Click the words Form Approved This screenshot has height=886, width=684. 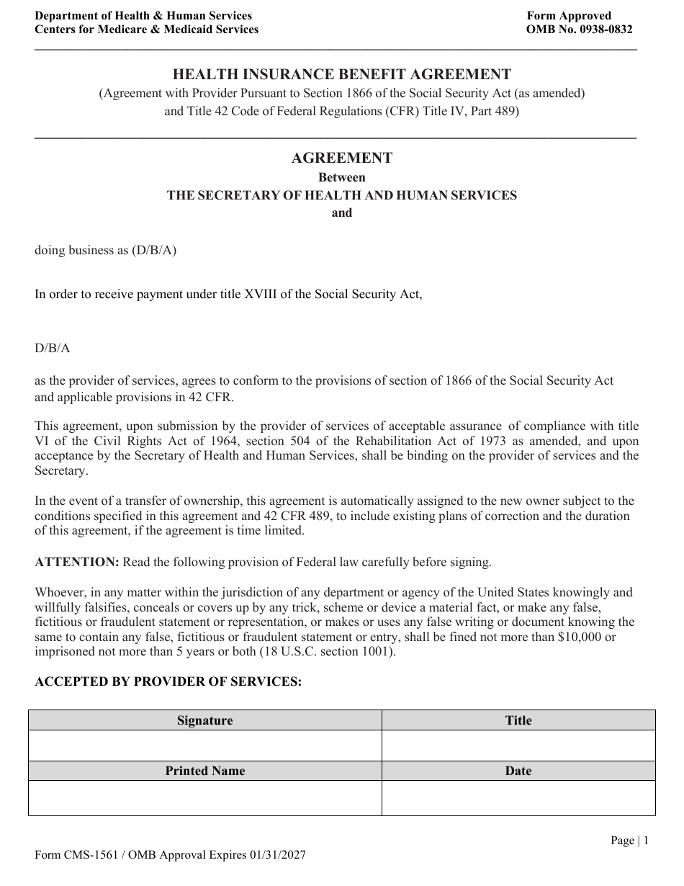pos(569,16)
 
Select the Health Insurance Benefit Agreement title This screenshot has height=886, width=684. pos(342,74)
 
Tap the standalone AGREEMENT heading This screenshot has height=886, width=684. pos(342,158)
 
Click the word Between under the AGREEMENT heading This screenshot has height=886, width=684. pos(342,177)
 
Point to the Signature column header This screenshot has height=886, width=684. pos(205,720)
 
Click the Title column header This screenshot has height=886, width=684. pos(518,720)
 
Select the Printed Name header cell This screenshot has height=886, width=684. pos(205,771)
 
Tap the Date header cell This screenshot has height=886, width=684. pos(518,771)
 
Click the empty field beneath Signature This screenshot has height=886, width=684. pos(205,746)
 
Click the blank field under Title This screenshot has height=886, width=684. pos(518,746)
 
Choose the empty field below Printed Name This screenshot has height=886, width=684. pos(205,798)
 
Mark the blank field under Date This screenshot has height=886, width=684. pos(518,798)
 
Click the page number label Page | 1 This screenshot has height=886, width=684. pos(629,840)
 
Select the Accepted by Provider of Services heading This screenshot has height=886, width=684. pos(168,681)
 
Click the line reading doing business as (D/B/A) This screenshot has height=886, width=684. pos(106,250)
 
